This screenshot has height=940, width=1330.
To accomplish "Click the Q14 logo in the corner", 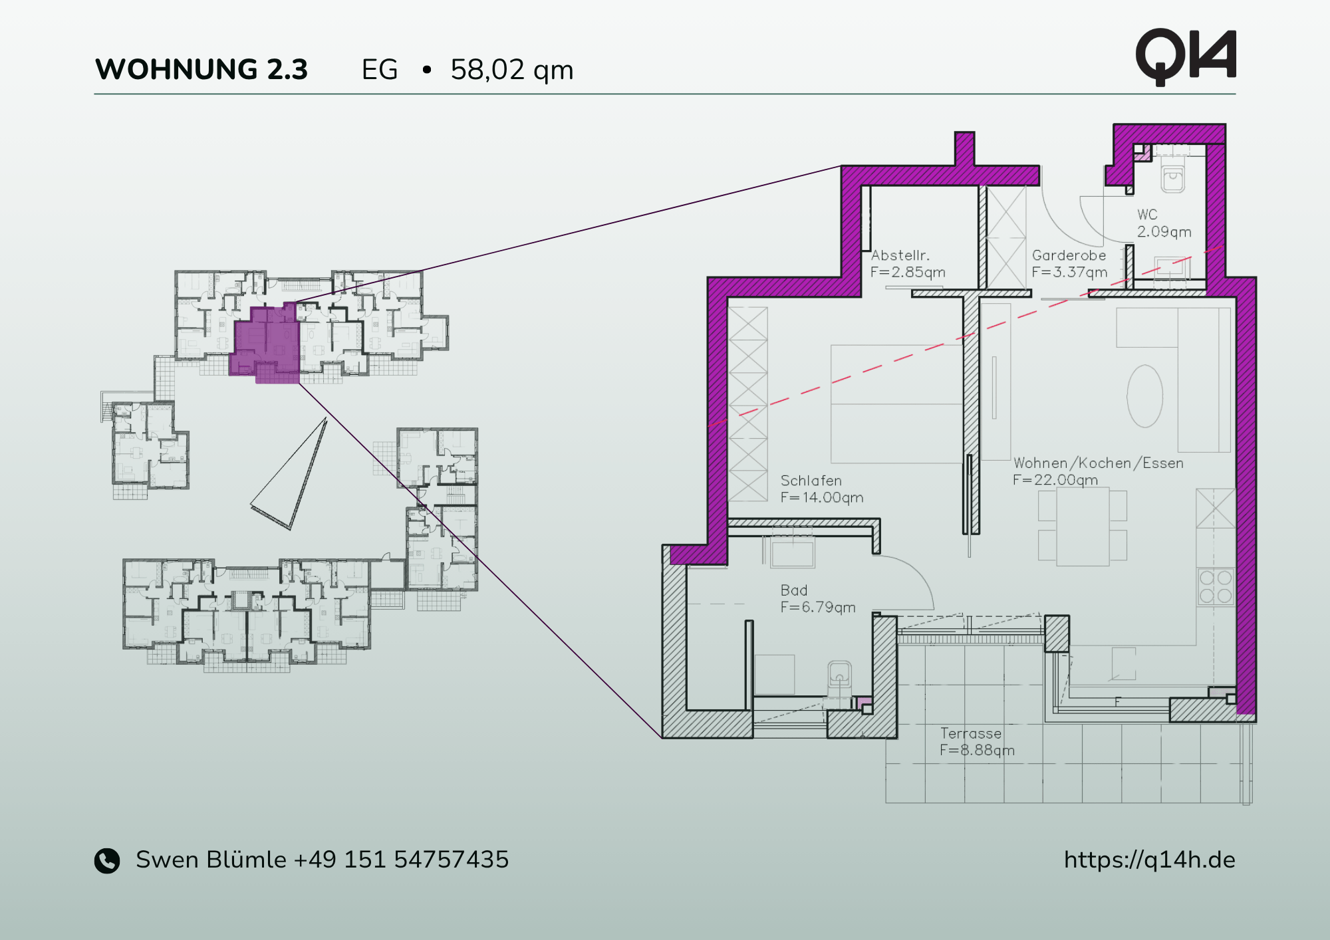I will [x=1185, y=57].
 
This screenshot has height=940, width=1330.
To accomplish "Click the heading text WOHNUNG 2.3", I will [x=201, y=70].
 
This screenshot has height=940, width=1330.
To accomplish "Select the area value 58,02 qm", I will [x=511, y=70].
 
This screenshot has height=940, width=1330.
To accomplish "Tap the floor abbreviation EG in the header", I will [x=379, y=70].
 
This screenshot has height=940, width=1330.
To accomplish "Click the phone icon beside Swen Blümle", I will [x=107, y=860].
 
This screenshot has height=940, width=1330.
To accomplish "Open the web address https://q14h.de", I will [x=1149, y=860].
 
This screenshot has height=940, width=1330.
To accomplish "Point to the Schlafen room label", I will [x=811, y=481].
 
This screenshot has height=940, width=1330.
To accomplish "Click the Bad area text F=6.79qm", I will [x=817, y=607].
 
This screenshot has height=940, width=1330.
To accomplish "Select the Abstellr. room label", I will [x=900, y=255].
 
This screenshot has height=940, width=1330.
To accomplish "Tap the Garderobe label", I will [x=1069, y=255].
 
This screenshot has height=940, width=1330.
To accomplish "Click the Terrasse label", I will [x=970, y=733].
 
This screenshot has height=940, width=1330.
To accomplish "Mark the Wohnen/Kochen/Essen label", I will [x=1098, y=463].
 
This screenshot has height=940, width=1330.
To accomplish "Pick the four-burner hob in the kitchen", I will [x=1216, y=586].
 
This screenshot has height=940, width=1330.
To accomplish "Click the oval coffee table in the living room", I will [x=1144, y=396].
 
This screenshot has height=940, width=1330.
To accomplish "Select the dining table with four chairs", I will [x=1083, y=527].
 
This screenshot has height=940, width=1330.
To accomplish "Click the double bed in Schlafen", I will [x=896, y=404].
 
